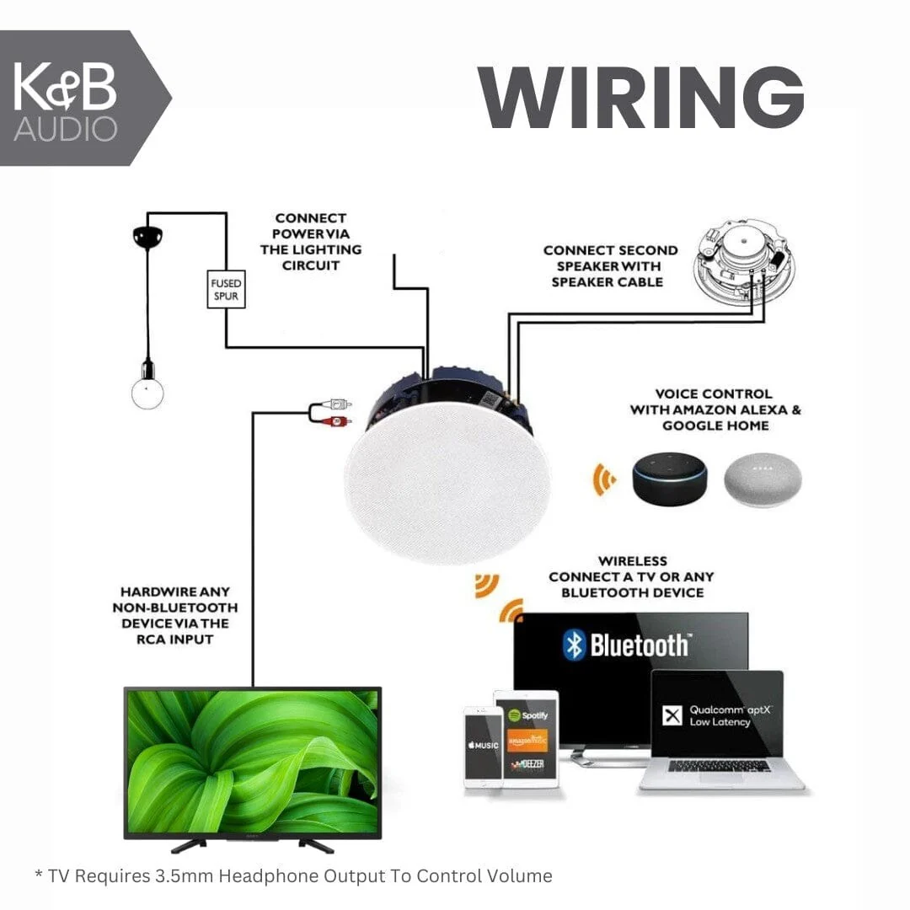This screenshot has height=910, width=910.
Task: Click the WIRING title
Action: click(x=640, y=96)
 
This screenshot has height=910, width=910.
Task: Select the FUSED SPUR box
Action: click(x=226, y=289)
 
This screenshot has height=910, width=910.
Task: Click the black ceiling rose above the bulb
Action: click(x=147, y=237)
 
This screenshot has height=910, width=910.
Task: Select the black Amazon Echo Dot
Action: click(x=671, y=479)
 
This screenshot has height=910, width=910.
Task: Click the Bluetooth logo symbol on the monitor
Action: click(x=574, y=645)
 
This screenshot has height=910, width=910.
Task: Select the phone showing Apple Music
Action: click(x=483, y=747)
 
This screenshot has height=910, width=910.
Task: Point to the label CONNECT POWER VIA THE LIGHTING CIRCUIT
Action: click(x=311, y=242)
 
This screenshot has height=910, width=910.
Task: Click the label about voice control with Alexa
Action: click(x=715, y=409)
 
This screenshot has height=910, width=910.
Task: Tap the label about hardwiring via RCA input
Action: click(x=175, y=615)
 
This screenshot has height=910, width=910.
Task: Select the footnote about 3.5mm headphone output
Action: click(x=293, y=876)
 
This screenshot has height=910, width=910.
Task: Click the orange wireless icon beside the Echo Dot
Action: click(x=603, y=479)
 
